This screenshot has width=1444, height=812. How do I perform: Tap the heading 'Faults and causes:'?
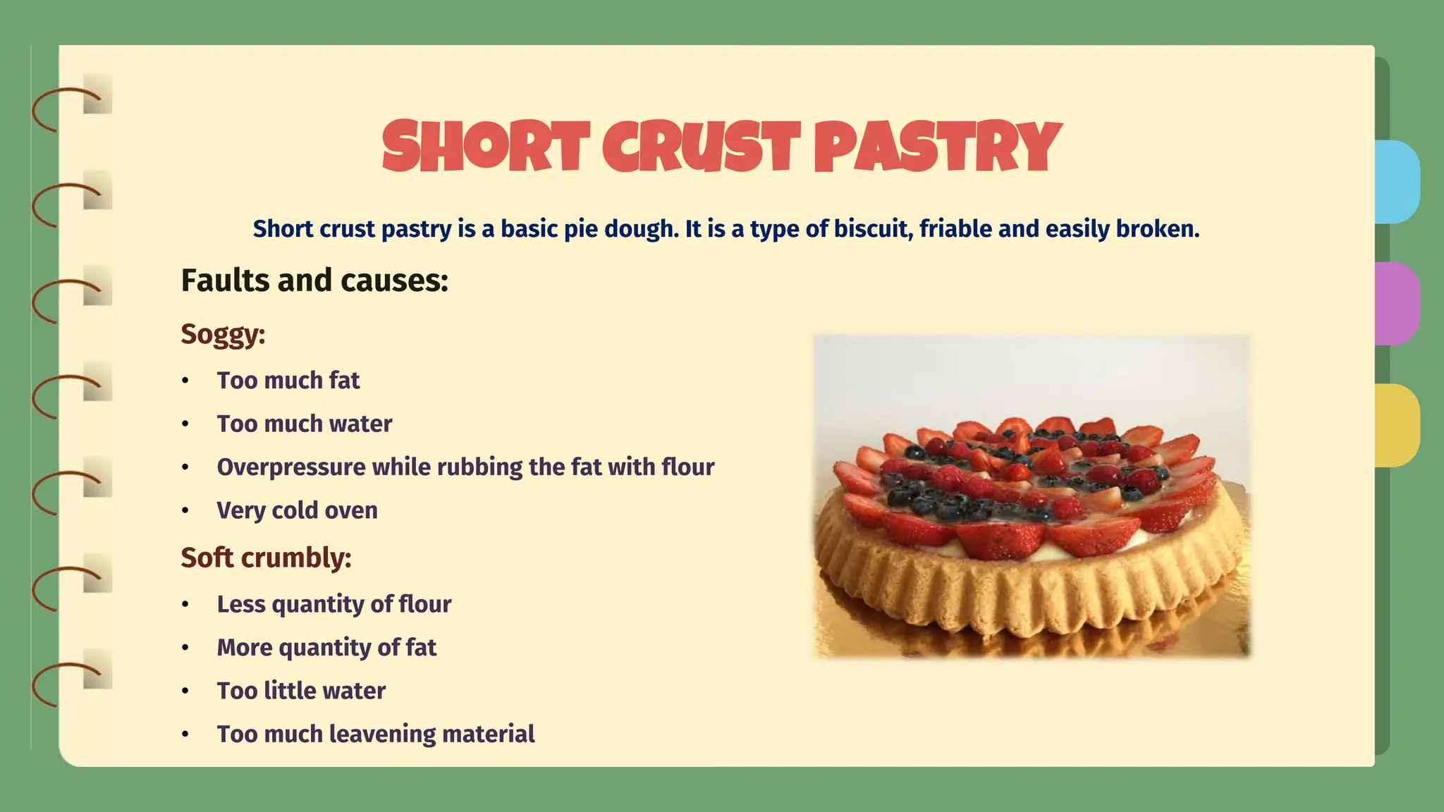(x=314, y=281)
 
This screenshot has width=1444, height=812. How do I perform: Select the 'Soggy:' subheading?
(x=223, y=333)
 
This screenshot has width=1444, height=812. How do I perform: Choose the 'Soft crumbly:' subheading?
(x=266, y=558)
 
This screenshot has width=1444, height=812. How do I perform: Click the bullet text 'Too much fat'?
(x=288, y=381)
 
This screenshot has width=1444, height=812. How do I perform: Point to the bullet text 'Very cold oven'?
(x=297, y=510)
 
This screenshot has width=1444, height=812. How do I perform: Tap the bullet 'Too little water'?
(x=301, y=691)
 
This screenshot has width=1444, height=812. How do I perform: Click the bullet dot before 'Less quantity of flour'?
(x=185, y=605)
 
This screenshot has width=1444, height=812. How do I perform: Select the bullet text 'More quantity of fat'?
(x=326, y=648)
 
